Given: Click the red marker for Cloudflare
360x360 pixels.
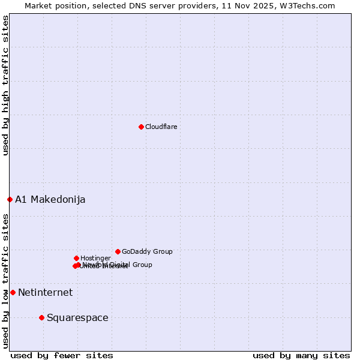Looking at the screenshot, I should click(x=141, y=127).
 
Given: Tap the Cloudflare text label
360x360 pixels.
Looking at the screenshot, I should click(x=161, y=127).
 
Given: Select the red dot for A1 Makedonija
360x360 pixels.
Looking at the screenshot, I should click(x=10, y=199).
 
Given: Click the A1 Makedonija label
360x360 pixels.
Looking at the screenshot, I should click(x=50, y=199).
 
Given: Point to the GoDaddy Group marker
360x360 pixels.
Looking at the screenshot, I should click(x=118, y=251).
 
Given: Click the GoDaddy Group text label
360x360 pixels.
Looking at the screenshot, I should click(x=147, y=251).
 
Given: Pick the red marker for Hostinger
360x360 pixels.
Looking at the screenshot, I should click(x=76, y=258).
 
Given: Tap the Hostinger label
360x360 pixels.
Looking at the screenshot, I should click(x=95, y=258).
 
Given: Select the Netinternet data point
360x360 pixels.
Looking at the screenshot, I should click(x=13, y=292).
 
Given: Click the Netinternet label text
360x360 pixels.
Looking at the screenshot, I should click(x=45, y=292).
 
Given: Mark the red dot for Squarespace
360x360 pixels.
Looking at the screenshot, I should click(x=41, y=317).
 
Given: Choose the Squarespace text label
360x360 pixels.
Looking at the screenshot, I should click(x=77, y=317).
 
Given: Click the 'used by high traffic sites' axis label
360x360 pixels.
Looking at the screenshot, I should click(x=5, y=85).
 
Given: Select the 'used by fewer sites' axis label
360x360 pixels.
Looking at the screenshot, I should click(x=62, y=355).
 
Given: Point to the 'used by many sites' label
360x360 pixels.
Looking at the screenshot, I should click(x=301, y=355).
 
